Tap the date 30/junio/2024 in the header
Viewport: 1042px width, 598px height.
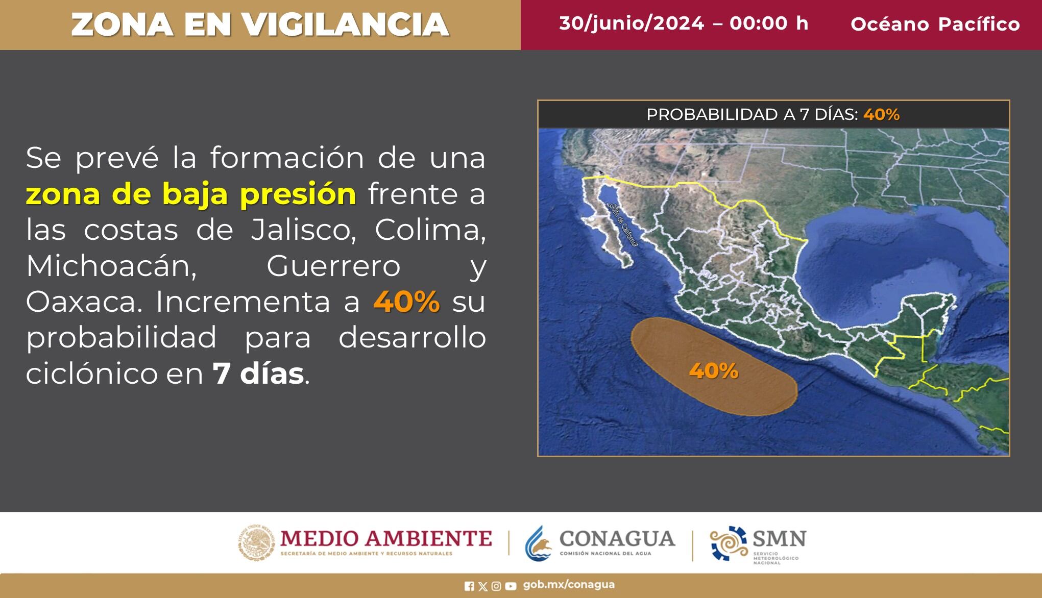631,23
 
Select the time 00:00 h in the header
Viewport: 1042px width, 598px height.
769,23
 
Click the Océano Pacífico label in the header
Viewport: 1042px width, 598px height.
935,24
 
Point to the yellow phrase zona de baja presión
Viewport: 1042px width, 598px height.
191,194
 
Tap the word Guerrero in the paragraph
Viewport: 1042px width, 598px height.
333,266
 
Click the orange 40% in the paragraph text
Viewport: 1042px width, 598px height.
406,302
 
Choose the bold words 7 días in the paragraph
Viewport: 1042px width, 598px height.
258,374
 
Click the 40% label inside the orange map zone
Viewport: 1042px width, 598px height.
713,371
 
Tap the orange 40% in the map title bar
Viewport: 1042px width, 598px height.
881,114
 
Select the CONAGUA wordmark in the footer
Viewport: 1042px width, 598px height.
617,539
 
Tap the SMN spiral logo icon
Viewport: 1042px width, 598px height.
729,543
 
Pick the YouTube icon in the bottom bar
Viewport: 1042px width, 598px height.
511,586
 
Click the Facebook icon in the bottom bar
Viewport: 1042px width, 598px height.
469,586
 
